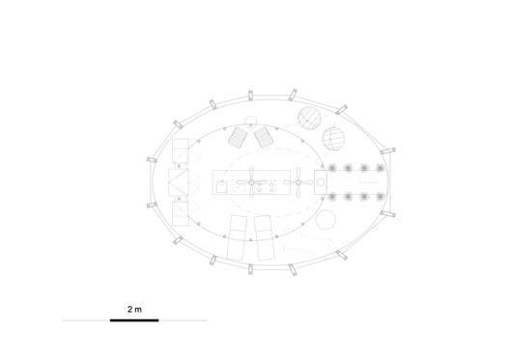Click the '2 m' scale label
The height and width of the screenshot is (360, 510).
coord(134,309)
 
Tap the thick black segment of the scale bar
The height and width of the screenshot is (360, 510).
coord(134,319)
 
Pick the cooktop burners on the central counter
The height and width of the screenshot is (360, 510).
coord(278,181)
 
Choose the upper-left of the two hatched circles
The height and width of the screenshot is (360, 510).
coord(307,120)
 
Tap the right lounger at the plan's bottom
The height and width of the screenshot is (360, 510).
coord(264,238)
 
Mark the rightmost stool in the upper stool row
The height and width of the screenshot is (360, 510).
coord(381,168)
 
